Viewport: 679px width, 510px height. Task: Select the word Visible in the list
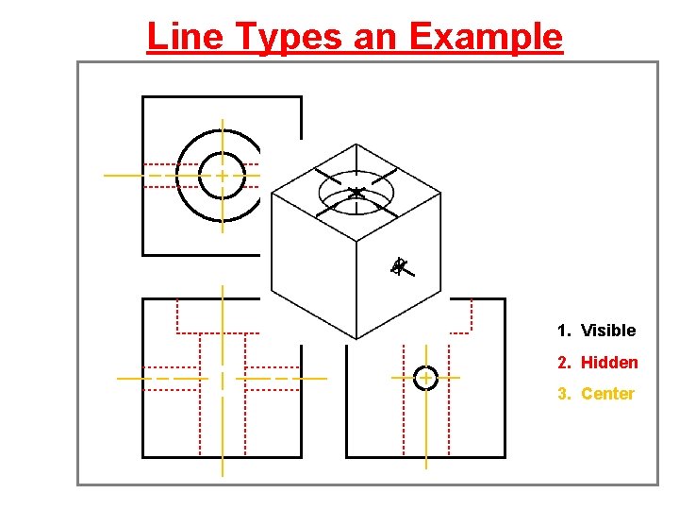pos(608,331)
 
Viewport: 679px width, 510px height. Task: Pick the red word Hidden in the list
pos(609,363)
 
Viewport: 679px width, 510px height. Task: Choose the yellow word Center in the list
pos(607,394)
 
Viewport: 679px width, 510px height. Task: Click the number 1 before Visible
pos(562,331)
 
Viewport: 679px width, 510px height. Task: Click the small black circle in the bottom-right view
pos(425,378)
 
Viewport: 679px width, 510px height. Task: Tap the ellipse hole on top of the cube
pos(356,194)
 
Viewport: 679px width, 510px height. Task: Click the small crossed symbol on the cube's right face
pos(401,267)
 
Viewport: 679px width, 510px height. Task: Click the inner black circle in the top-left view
pos(222,175)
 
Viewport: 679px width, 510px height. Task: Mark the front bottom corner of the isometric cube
pos(356,339)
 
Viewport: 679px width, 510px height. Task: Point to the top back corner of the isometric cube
pos(356,144)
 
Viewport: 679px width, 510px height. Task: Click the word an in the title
pos(382,37)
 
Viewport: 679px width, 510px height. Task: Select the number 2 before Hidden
pos(562,363)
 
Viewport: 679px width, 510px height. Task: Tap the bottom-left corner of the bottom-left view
pos(142,457)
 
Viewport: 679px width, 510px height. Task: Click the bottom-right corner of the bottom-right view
pos(505,457)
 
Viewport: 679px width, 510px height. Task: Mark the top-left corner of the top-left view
pos(142,97)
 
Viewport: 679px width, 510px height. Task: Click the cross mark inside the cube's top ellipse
pos(356,194)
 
